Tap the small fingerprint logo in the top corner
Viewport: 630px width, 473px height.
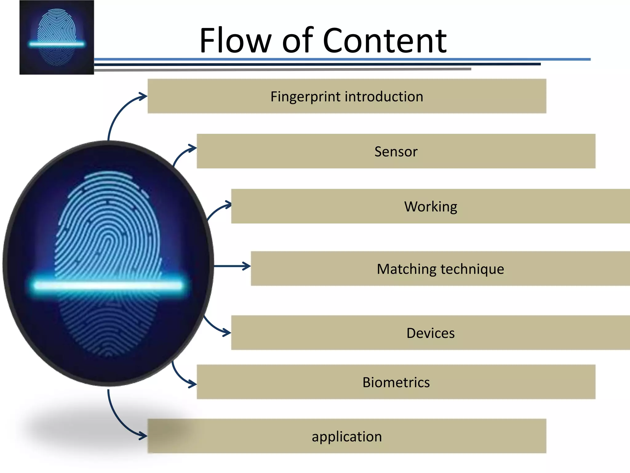(x=57, y=37)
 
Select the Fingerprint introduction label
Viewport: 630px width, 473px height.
(x=347, y=96)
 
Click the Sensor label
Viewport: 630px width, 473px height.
(x=396, y=151)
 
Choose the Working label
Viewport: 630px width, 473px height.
(x=430, y=206)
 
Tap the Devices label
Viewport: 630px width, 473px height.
(x=430, y=333)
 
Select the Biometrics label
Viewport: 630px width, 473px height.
(x=396, y=382)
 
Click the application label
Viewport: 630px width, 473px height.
(x=347, y=436)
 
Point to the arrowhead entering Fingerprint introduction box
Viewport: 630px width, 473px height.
(x=144, y=97)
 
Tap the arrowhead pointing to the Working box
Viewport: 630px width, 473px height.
(x=228, y=205)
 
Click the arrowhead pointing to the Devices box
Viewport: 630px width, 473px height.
(x=227, y=332)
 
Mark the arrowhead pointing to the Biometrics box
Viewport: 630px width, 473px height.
(x=193, y=384)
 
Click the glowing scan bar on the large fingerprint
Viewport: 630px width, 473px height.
(x=108, y=285)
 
